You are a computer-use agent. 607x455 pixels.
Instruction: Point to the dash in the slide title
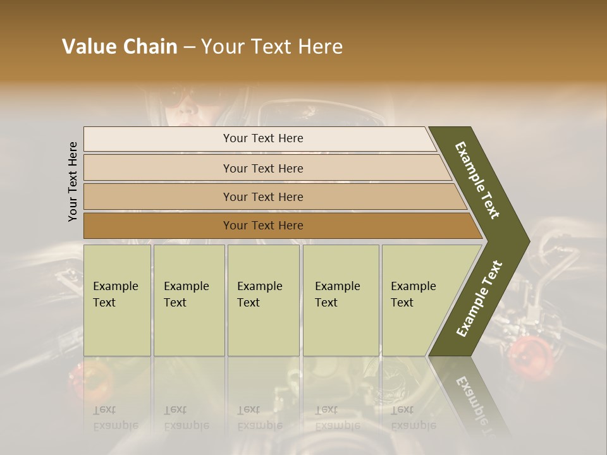point(189,47)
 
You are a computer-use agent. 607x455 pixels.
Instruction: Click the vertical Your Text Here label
point(73,181)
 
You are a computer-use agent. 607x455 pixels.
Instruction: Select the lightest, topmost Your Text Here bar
point(262,138)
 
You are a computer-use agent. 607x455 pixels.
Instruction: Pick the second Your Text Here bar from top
point(262,168)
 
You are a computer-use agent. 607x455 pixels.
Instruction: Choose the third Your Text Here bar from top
point(262,197)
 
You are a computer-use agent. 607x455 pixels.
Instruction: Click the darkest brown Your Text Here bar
point(262,226)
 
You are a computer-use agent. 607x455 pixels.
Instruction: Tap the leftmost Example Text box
point(117,300)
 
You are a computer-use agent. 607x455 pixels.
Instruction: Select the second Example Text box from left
point(188,300)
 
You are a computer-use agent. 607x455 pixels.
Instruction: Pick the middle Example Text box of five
point(263,300)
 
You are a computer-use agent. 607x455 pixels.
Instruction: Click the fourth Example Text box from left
point(340,300)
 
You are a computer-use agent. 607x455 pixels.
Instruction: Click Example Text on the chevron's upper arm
point(477,180)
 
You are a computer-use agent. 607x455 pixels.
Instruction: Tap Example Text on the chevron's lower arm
point(479,299)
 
